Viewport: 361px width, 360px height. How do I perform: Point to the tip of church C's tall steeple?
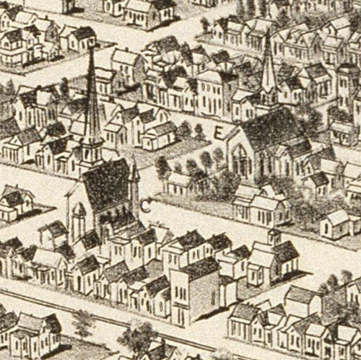tap(92, 45)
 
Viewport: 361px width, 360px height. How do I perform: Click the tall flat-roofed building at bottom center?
tap(194, 289)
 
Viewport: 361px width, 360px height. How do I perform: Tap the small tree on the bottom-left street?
tap(83, 323)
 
